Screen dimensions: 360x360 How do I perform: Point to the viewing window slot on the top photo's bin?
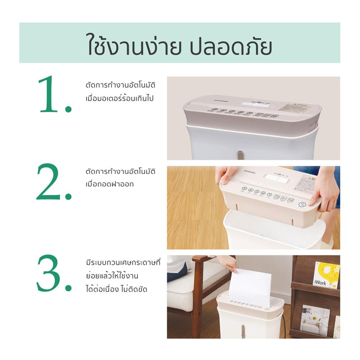click(x=240, y=155)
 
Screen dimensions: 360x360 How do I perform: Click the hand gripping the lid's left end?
click(x=225, y=174)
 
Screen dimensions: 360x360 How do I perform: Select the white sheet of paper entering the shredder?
click(x=250, y=288)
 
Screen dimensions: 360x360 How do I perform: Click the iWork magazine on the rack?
click(x=325, y=275)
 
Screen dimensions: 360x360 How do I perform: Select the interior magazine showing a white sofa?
click(x=314, y=320)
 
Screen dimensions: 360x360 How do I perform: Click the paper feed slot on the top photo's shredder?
click(x=252, y=104)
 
